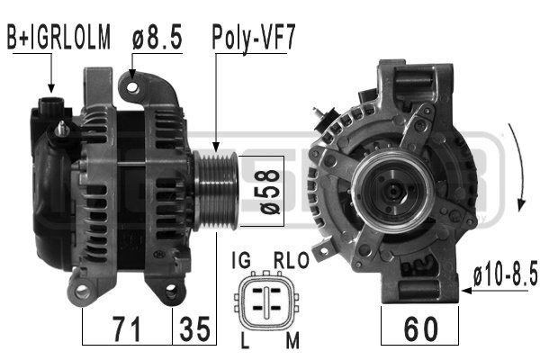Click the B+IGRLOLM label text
tap(58, 37)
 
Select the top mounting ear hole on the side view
tap(133, 86)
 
